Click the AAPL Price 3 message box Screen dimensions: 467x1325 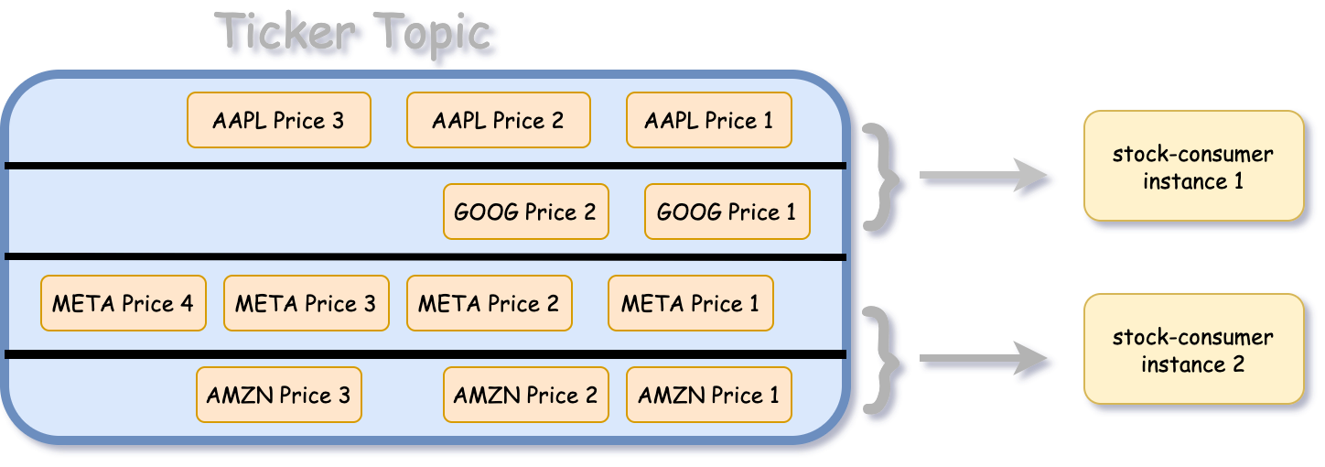point(279,120)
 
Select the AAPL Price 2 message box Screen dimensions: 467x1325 point(499,120)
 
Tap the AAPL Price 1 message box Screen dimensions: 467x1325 point(709,120)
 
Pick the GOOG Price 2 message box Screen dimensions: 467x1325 point(526,212)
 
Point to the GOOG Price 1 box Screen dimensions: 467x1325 point(727,212)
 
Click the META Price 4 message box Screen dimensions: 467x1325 point(124,303)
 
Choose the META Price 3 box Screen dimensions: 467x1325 point(307,303)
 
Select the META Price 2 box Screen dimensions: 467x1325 point(490,303)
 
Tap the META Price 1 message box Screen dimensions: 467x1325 point(691,303)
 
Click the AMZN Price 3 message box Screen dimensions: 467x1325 point(279,395)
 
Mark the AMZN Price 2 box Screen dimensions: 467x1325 point(526,395)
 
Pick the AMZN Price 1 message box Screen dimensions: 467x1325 point(709,395)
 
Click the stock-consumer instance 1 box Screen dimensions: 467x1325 point(1193,167)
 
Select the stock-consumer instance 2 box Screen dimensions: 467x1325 point(1193,350)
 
